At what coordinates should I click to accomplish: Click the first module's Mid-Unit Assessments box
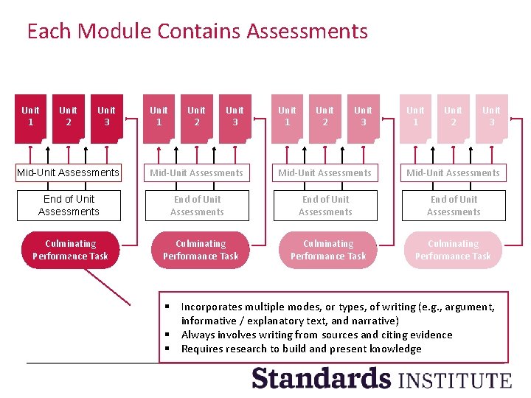68,172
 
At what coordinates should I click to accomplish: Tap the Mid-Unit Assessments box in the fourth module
453,172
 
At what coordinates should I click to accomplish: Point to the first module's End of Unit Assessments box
68,206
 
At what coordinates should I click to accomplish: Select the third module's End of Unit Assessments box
325,206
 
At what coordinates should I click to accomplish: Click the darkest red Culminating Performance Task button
70,250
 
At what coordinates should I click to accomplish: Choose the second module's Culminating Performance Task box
201,250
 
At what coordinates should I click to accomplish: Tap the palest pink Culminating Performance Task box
453,250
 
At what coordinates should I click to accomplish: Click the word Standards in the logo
322,378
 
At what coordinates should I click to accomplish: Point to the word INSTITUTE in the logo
454,380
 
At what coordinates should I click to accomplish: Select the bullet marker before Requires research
168,349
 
